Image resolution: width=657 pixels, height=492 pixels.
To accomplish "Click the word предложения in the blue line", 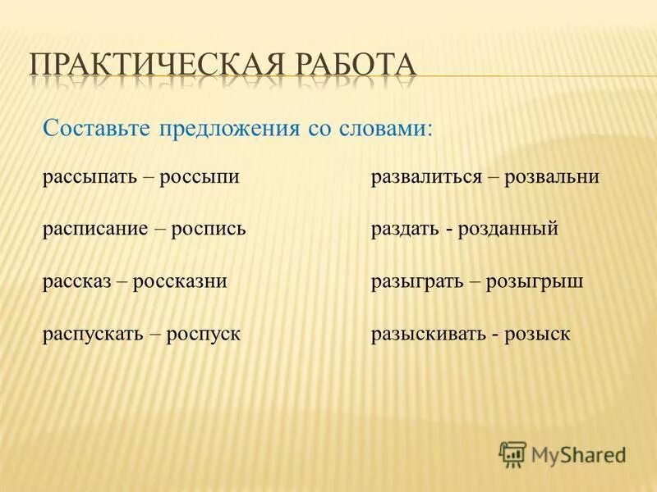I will [232, 130].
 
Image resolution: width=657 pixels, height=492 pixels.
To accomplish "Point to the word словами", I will [386, 129].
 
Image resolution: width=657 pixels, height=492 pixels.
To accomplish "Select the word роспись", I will [209, 230].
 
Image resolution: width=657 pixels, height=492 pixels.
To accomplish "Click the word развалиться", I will [425, 177].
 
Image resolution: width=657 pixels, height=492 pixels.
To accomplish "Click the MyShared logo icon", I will [512, 453].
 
